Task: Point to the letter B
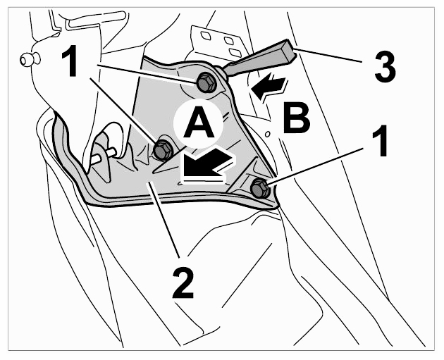point(297,118)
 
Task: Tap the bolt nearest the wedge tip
point(205,82)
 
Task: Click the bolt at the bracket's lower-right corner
point(259,188)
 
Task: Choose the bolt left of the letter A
point(163,150)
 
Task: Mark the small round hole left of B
point(268,134)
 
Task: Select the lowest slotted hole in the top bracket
point(235,52)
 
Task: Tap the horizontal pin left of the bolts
point(103,156)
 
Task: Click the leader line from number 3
point(328,56)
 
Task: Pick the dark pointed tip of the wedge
point(226,72)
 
